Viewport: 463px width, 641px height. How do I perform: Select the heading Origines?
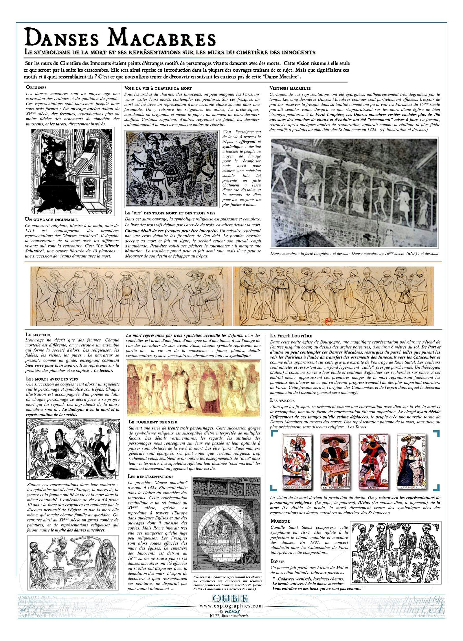click(x=36, y=87)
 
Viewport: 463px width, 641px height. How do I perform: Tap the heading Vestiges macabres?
click(x=290, y=88)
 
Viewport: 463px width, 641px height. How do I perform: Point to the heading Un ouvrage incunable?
click(x=52, y=220)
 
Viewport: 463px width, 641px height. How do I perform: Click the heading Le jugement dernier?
click(x=153, y=422)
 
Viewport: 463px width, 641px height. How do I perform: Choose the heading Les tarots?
click(x=282, y=401)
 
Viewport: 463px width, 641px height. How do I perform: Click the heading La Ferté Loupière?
click(x=291, y=336)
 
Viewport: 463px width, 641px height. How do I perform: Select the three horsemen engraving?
click(x=172, y=169)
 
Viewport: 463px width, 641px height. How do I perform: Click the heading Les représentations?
click(x=151, y=476)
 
